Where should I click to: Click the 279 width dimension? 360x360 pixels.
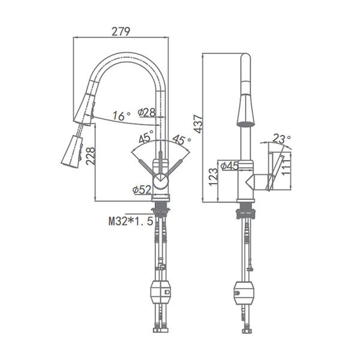pos(121,31)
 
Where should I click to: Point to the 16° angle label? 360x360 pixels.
pos(121,116)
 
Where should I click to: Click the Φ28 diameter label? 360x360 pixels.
pos(146,113)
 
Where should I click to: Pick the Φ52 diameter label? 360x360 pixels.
pos(142,190)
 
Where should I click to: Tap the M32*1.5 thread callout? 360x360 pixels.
pos(127,221)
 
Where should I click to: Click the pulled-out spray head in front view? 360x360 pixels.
pos(71,151)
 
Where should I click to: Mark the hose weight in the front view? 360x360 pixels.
pos(161,292)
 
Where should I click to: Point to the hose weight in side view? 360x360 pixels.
pos(245,292)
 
